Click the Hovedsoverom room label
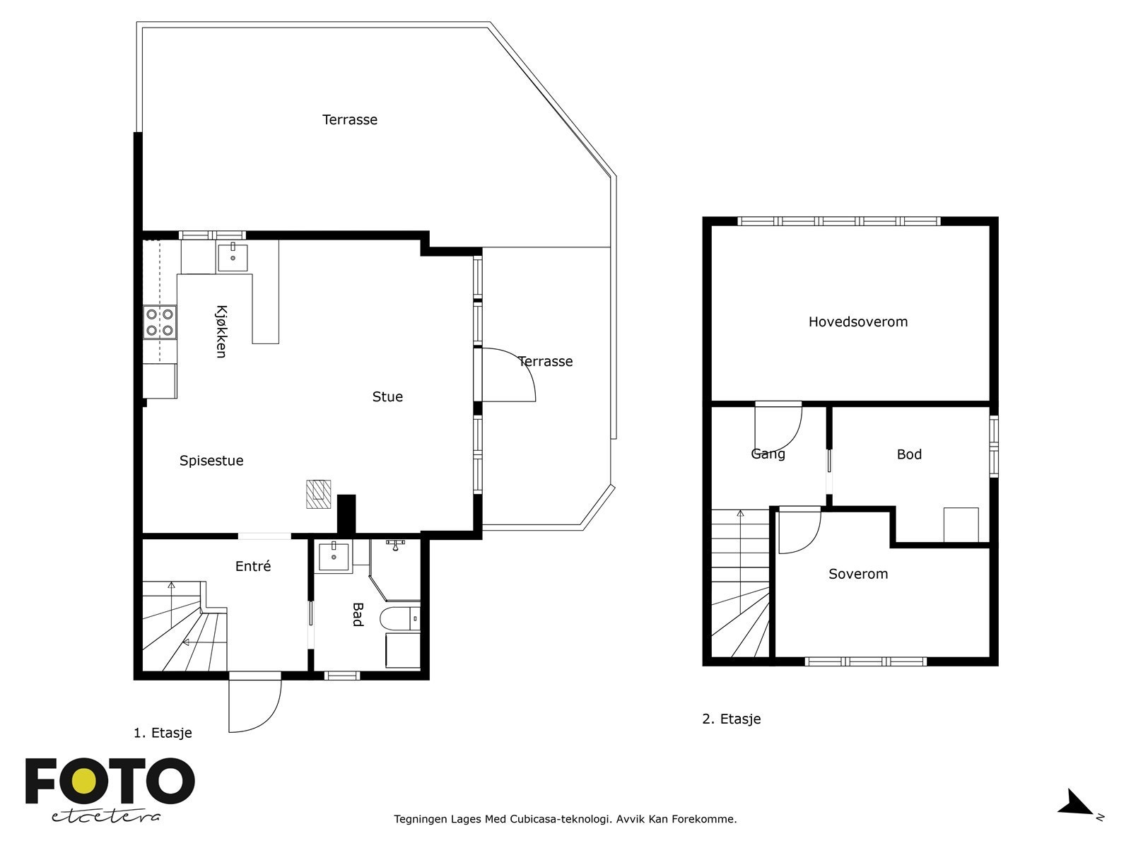pyautogui.click(x=858, y=322)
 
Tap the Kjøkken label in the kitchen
pyautogui.click(x=221, y=331)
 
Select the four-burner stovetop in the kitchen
pyautogui.click(x=160, y=322)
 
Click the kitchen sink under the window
pyautogui.click(x=233, y=257)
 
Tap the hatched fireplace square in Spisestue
pyautogui.click(x=318, y=494)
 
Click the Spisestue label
pyautogui.click(x=211, y=460)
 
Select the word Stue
pyautogui.click(x=387, y=396)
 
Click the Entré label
pyautogui.click(x=253, y=566)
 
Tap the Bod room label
pyautogui.click(x=909, y=454)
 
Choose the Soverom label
pyautogui.click(x=858, y=574)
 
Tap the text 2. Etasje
pyautogui.click(x=731, y=719)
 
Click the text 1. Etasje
pyautogui.click(x=163, y=733)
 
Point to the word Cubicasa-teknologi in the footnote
pyautogui.click(x=560, y=818)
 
